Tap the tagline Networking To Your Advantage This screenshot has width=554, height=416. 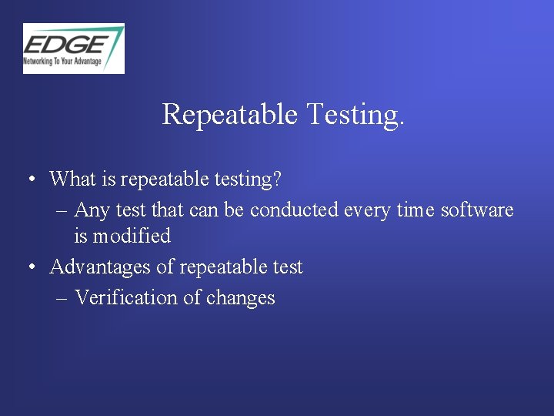coord(62,61)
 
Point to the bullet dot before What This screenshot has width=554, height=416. coord(30,180)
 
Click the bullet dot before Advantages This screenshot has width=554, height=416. coord(30,268)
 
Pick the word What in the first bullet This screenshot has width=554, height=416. coord(72,179)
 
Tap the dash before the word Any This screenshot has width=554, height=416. coord(62,210)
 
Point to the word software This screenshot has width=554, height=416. coord(476,210)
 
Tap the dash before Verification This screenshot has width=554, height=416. coord(62,298)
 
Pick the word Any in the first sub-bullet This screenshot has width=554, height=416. coord(92,210)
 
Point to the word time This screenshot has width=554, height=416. coord(415,210)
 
